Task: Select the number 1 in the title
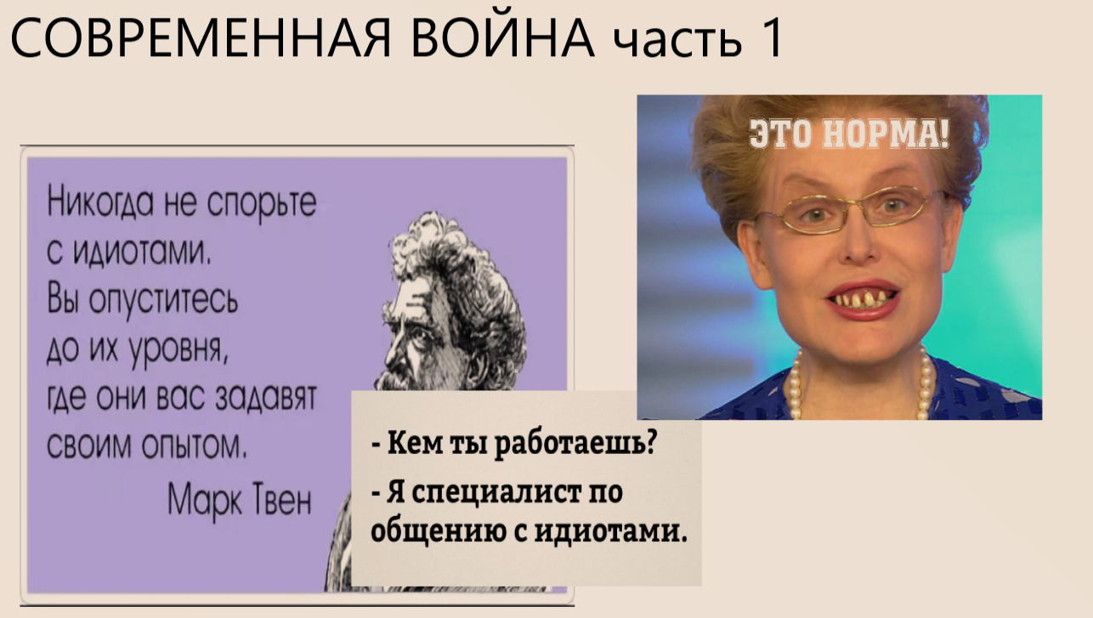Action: pyautogui.click(x=770, y=39)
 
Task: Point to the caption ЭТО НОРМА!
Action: pyautogui.click(x=849, y=135)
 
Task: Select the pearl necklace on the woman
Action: pyautogui.click(x=858, y=387)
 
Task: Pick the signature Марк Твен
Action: pyautogui.click(x=241, y=496)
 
